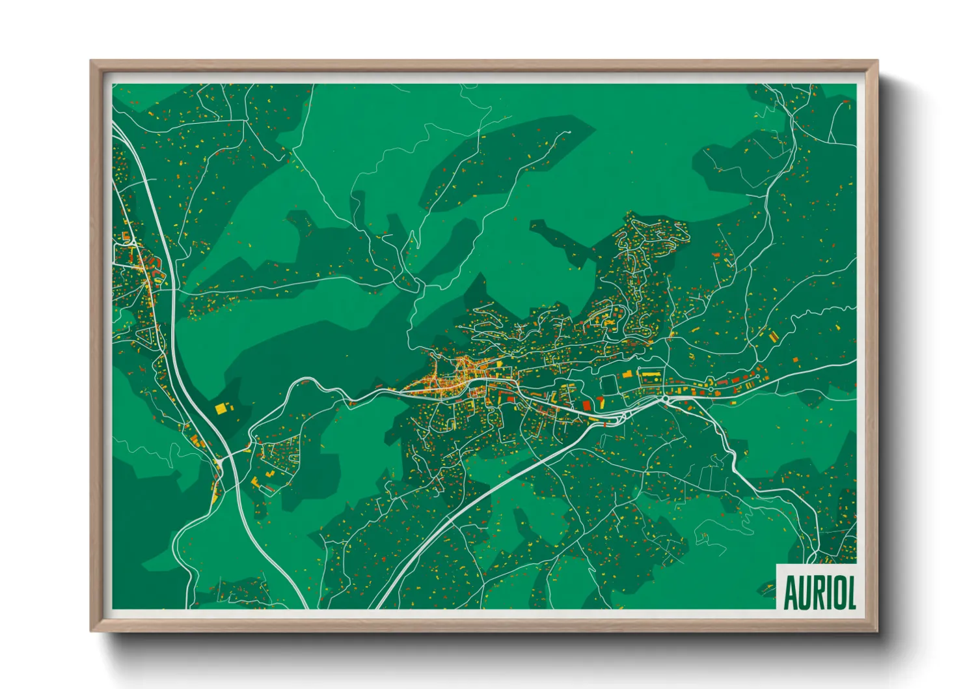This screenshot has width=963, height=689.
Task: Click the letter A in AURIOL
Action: click(x=791, y=593)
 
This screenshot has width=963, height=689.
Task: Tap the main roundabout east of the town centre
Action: click(x=665, y=398)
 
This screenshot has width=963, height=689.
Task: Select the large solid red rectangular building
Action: click(x=586, y=405)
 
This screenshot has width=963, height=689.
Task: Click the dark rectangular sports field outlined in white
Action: click(x=608, y=384)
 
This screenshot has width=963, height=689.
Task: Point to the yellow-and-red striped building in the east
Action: click(x=774, y=336)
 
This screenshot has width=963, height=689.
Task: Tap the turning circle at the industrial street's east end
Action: click(x=758, y=376)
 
